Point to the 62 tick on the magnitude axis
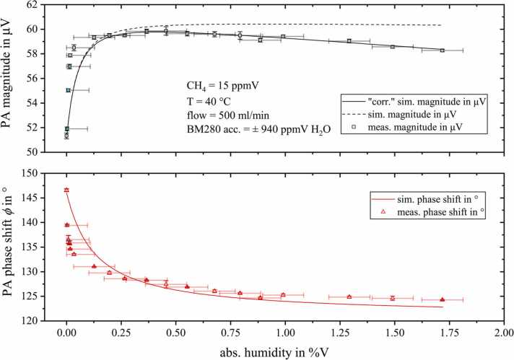(x=45, y=5)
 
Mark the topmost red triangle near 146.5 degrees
(x=66, y=190)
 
